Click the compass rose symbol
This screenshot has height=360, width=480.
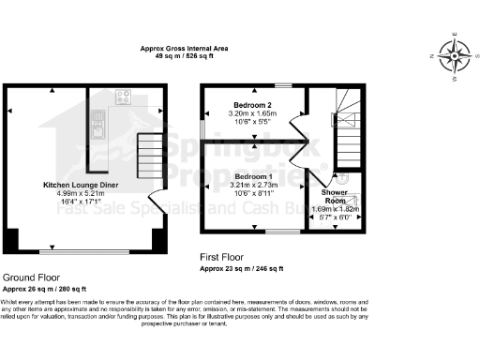455,57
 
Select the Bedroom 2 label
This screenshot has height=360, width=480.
253,105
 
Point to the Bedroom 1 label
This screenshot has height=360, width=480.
253,177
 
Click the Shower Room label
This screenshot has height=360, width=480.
335,196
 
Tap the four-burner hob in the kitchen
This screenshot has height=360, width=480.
123,97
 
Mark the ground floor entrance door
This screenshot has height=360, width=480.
159,201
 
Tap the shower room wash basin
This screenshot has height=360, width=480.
343,179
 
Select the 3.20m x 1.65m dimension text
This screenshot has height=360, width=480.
253,113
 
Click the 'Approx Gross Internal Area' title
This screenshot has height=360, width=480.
184,49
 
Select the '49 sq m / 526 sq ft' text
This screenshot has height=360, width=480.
184,56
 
